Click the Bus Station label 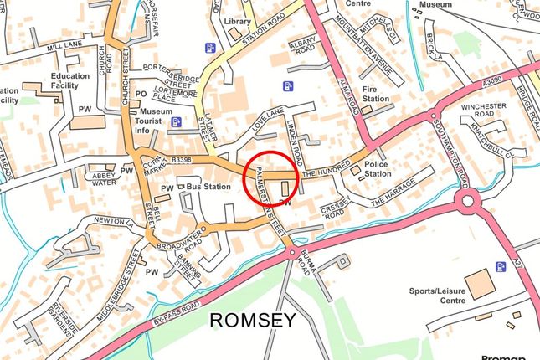(x=208, y=187)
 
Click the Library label (x=239, y=20)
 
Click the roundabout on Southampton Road (x=466, y=201)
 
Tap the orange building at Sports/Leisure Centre (x=480, y=284)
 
